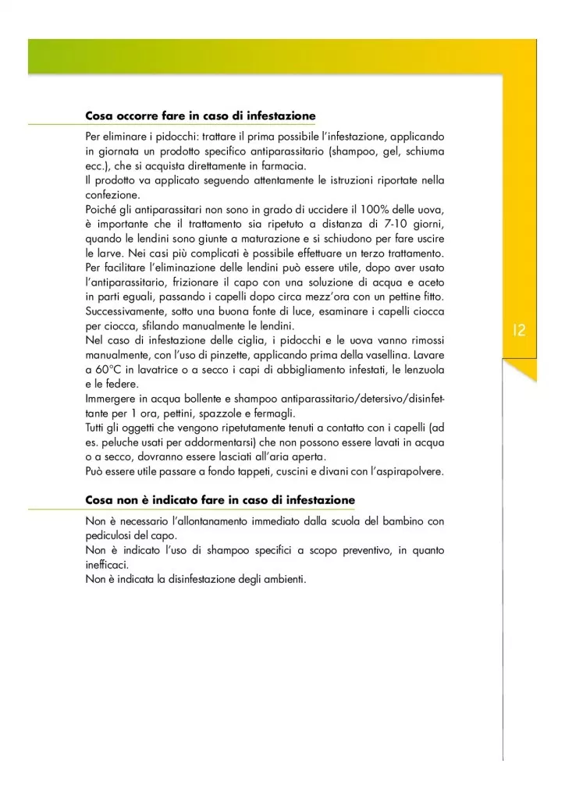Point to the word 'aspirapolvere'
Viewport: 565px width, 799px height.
pyautogui.click(x=406, y=472)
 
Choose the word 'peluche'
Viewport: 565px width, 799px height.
pyautogui.click(x=124, y=442)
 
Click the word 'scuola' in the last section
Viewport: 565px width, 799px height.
pyautogui.click(x=337, y=521)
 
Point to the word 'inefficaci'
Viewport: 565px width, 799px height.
pyautogui.click(x=107, y=565)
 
